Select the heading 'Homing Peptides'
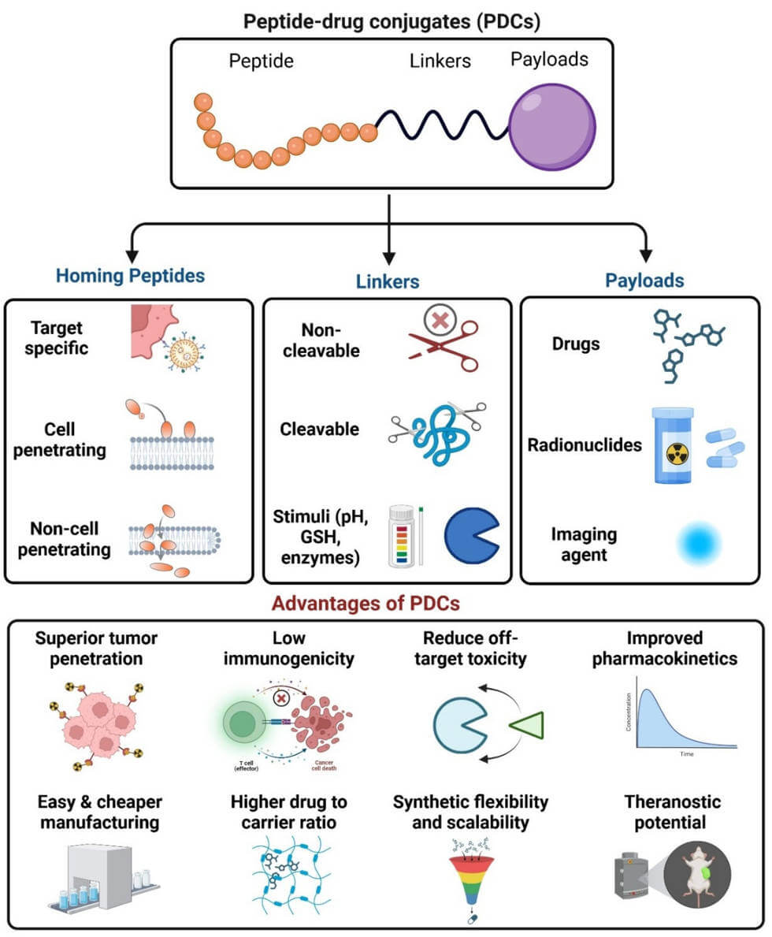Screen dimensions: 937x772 click(131, 276)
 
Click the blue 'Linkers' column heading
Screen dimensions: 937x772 click(388, 281)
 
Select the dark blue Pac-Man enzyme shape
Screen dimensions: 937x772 click(470, 534)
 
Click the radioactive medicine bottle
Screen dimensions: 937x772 click(674, 445)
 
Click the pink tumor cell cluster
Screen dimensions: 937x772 click(95, 725)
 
